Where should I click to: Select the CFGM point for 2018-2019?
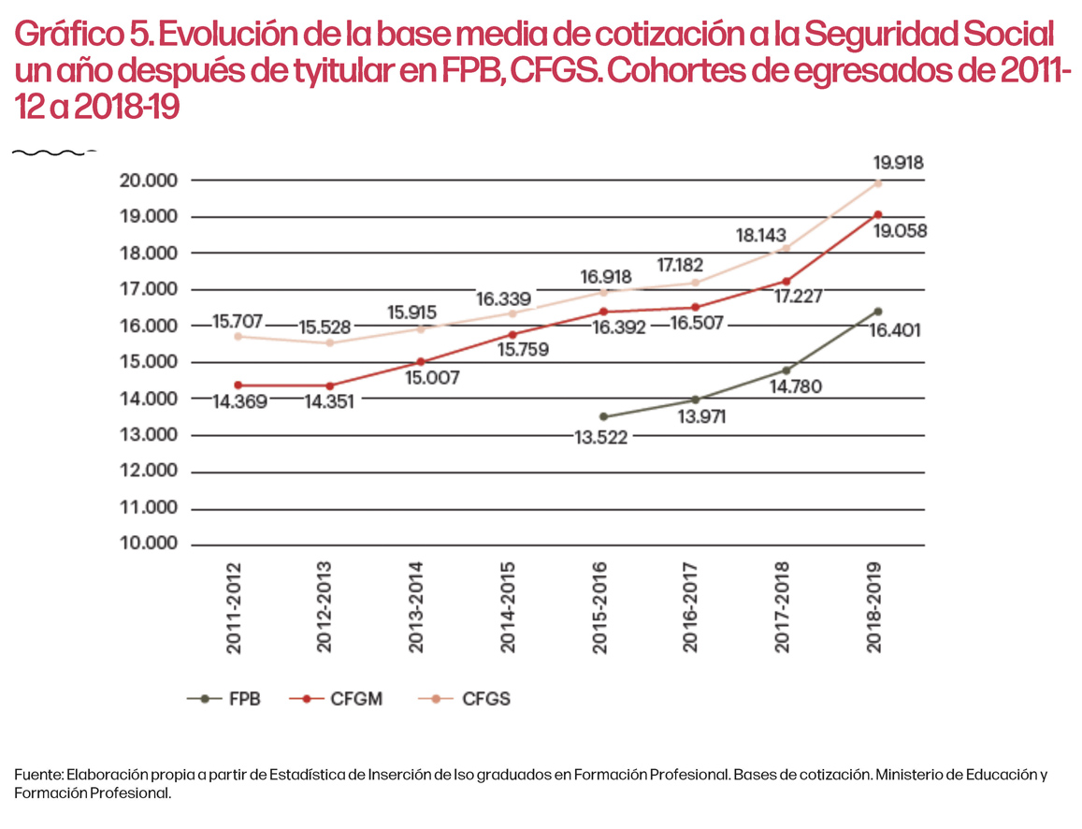coord(878,214)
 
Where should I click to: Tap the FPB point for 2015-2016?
coord(603,416)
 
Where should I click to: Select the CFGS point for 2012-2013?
coord(328,342)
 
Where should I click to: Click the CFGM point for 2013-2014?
coord(420,361)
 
